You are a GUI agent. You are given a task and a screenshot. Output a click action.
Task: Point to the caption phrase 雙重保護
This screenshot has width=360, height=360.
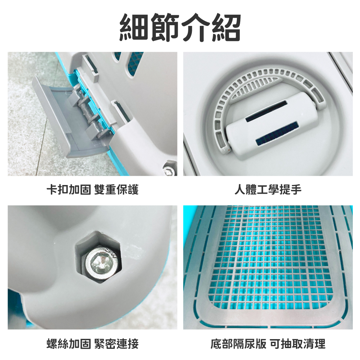[x=116, y=190]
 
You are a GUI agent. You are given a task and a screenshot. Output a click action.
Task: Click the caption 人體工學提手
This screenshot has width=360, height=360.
[x=268, y=190]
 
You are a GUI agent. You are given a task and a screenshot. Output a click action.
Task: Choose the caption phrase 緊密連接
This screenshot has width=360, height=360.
[x=116, y=344]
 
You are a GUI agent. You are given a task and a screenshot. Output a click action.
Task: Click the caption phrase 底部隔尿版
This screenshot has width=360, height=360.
[x=238, y=344]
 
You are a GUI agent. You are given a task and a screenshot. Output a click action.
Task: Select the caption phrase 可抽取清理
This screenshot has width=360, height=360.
[x=298, y=344]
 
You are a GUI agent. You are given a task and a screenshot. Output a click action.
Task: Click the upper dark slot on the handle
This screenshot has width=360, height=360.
[x=266, y=111]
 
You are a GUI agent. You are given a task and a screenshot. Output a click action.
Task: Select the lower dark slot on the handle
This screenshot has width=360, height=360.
[x=277, y=134]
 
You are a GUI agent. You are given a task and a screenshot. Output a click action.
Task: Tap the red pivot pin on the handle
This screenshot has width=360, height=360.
[x=229, y=150]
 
